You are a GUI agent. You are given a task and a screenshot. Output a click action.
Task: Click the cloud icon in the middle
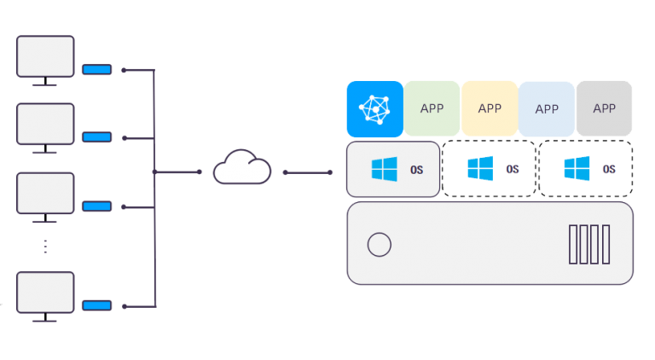tap(241, 167)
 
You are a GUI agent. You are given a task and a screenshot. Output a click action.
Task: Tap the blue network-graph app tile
tap(374, 108)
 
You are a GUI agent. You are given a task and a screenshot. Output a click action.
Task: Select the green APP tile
tap(432, 108)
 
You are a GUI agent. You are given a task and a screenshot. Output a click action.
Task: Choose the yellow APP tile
tap(490, 108)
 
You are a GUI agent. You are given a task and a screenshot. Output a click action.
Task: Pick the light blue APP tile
tap(547, 108)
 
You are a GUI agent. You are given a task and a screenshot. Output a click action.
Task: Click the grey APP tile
tap(604, 108)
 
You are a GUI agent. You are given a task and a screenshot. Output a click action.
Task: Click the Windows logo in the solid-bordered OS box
tap(385, 169)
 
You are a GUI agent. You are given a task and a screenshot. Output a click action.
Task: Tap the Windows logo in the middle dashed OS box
tap(480, 169)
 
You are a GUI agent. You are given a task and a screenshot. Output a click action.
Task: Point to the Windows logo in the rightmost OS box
tap(577, 169)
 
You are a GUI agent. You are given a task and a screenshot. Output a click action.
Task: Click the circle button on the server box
tap(379, 246)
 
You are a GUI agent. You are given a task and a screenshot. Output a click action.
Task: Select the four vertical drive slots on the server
tap(589, 244)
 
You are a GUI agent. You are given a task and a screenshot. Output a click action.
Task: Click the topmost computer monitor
tap(46, 58)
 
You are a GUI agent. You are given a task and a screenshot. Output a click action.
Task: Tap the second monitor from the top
tap(46, 125)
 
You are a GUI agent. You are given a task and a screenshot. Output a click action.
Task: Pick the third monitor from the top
tap(46, 195)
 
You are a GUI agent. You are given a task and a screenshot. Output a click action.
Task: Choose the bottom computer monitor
tap(46, 293)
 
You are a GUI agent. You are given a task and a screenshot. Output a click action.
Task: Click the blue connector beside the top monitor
tap(96, 69)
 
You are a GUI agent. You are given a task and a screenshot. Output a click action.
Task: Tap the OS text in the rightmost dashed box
tap(609, 170)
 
